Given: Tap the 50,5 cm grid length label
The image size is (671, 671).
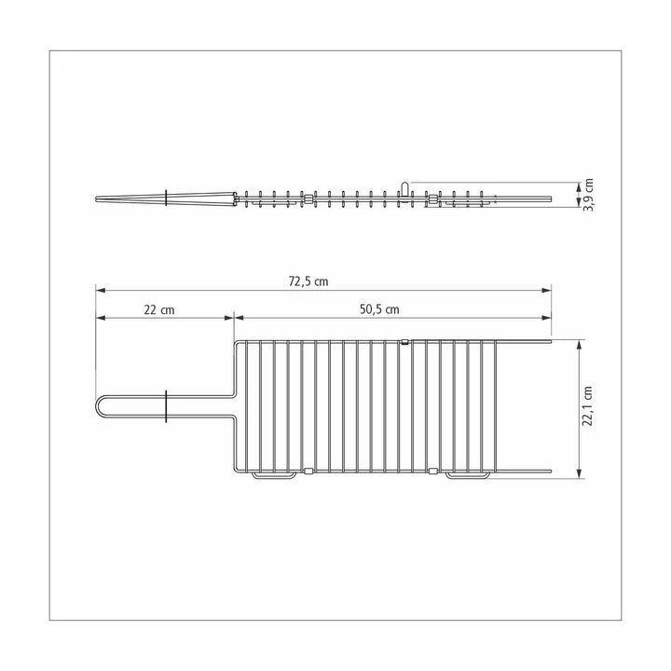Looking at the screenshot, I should coord(378,309).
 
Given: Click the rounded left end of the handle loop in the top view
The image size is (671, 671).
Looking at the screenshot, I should coord(98,407).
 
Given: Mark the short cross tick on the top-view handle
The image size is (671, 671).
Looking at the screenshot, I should coord(165,407).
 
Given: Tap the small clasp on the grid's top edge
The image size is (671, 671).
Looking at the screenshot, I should coord(404,342).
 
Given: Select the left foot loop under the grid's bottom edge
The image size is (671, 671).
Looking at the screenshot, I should coord(274,476).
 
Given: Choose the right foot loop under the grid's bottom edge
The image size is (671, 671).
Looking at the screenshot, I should coord(466,476).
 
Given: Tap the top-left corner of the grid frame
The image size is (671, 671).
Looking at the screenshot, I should coord(236,342).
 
